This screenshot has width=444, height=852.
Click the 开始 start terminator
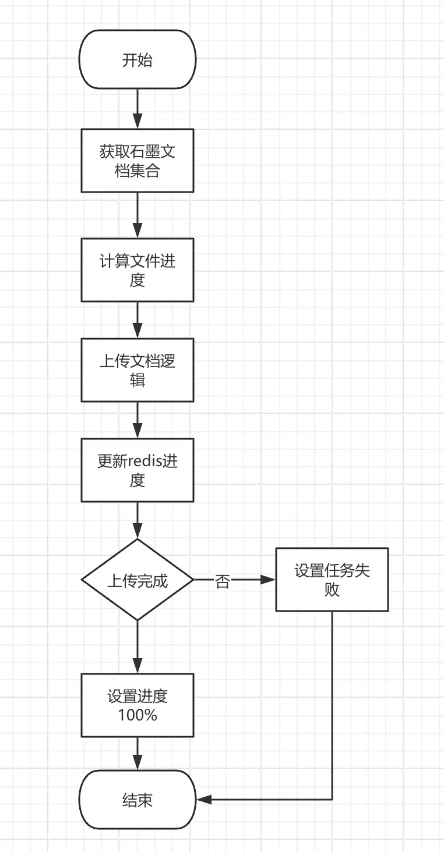[x=138, y=60]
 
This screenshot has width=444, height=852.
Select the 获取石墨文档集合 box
[x=138, y=161]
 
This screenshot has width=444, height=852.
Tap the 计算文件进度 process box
[x=138, y=270]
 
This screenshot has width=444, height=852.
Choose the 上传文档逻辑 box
[x=138, y=370]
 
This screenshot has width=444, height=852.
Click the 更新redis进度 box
[x=138, y=470]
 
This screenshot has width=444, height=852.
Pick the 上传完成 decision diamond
[x=138, y=580]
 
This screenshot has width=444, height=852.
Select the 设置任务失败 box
[x=332, y=580]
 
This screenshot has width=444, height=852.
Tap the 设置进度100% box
[x=138, y=705]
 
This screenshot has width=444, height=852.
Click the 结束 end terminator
[x=138, y=800]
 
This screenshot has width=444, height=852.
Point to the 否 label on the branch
[x=223, y=581]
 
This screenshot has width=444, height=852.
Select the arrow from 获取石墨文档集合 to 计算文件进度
[x=138, y=215]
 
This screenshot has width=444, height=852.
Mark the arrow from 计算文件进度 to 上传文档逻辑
[x=138, y=319]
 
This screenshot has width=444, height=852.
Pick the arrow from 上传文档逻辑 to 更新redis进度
[x=138, y=420]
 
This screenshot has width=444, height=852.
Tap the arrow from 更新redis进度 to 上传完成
[x=138, y=520]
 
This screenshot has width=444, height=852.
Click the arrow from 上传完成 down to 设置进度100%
[x=138, y=647]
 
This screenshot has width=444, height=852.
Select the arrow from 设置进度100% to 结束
[x=138, y=754]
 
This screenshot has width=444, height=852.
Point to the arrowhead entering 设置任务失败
[x=268, y=580]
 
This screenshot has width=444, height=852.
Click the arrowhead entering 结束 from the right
[x=203, y=800]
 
